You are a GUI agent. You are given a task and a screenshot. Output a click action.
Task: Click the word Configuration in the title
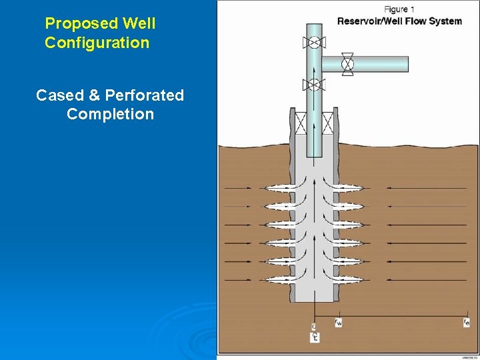coord(97,43)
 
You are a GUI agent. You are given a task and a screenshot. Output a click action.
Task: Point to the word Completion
coord(110,114)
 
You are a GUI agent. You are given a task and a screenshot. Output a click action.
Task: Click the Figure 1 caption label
coord(400,9)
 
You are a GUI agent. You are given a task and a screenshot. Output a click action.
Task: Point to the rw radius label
coord(338,323)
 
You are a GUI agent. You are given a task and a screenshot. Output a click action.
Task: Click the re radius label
coord(466,323)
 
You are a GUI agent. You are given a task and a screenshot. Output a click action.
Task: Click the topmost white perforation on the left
coord(281,189)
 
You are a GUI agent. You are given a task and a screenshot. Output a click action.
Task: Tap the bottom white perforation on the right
coord(347,278)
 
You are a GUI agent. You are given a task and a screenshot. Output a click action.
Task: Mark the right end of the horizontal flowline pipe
coord(405,63)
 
